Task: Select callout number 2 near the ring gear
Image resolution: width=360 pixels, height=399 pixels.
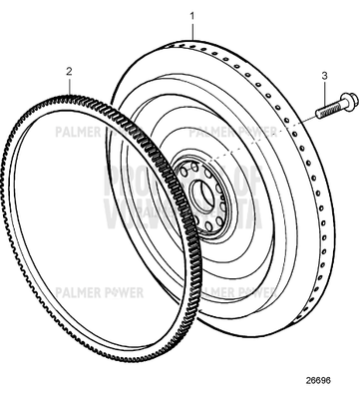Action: pyautogui.click(x=69, y=71)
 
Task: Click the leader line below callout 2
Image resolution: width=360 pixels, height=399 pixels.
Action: pyautogui.click(x=69, y=85)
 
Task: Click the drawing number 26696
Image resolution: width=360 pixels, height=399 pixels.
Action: pyautogui.click(x=320, y=380)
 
